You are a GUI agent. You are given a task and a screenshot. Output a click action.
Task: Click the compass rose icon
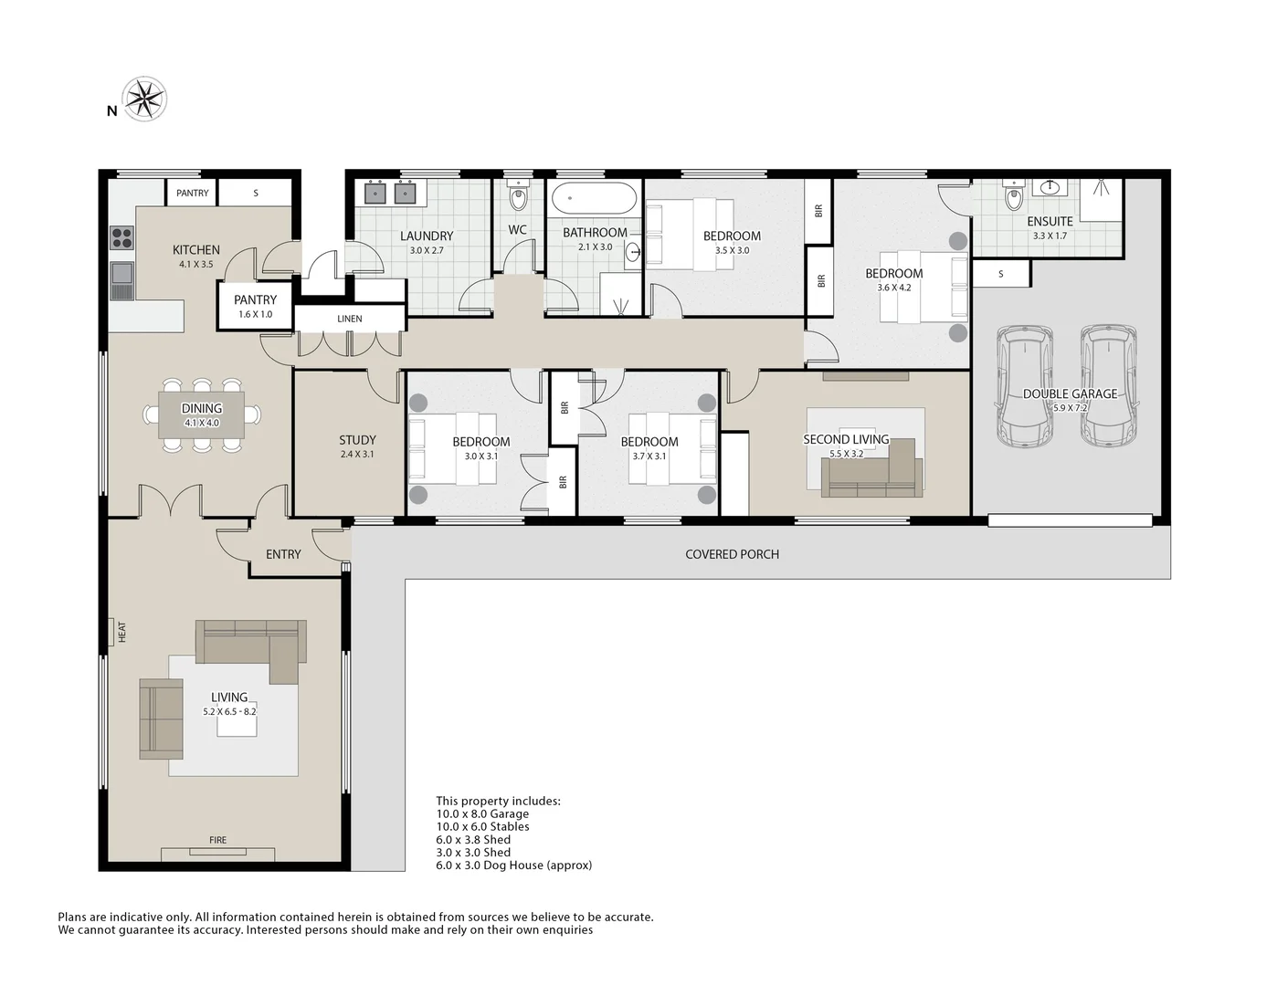point(145,99)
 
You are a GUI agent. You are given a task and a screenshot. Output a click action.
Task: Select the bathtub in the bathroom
point(594,198)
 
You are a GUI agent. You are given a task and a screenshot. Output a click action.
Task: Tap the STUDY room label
point(357,440)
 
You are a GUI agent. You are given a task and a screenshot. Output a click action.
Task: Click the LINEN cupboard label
point(349,319)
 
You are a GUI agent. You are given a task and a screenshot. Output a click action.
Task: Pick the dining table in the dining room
point(202,415)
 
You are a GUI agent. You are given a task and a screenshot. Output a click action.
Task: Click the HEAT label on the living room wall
point(121,632)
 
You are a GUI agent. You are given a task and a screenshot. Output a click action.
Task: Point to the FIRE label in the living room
point(217,840)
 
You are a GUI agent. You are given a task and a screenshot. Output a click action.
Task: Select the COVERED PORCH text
point(732,554)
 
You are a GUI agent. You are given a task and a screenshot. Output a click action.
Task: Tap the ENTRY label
point(283,554)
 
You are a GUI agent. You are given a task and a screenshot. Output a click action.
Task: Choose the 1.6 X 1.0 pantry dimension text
point(255,314)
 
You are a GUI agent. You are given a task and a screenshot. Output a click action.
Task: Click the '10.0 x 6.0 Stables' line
point(482,826)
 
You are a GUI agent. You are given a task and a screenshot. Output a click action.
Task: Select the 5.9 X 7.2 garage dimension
point(1070,407)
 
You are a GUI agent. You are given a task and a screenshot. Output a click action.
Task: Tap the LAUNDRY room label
point(427,236)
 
